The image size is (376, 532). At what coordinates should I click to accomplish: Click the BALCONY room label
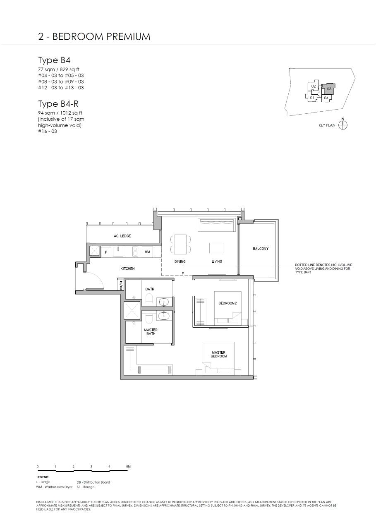(260, 249)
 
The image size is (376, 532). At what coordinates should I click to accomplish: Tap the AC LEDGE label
(122, 236)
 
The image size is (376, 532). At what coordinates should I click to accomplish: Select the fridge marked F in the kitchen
(106, 252)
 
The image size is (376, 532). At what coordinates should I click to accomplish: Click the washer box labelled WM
(147, 252)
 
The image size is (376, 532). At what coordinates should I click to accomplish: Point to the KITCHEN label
(127, 268)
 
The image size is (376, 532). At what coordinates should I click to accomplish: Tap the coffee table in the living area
(217, 248)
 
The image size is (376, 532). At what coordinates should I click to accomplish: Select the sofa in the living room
(217, 225)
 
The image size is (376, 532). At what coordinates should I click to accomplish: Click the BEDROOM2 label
(228, 303)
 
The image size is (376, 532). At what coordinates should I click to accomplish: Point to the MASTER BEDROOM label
(218, 355)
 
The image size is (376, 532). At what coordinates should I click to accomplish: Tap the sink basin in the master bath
(164, 316)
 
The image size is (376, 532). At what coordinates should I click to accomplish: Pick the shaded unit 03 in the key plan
(328, 89)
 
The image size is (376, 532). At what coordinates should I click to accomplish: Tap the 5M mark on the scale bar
(129, 467)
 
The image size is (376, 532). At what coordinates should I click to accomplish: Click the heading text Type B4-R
(58, 104)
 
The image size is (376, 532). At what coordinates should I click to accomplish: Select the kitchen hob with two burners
(135, 252)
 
